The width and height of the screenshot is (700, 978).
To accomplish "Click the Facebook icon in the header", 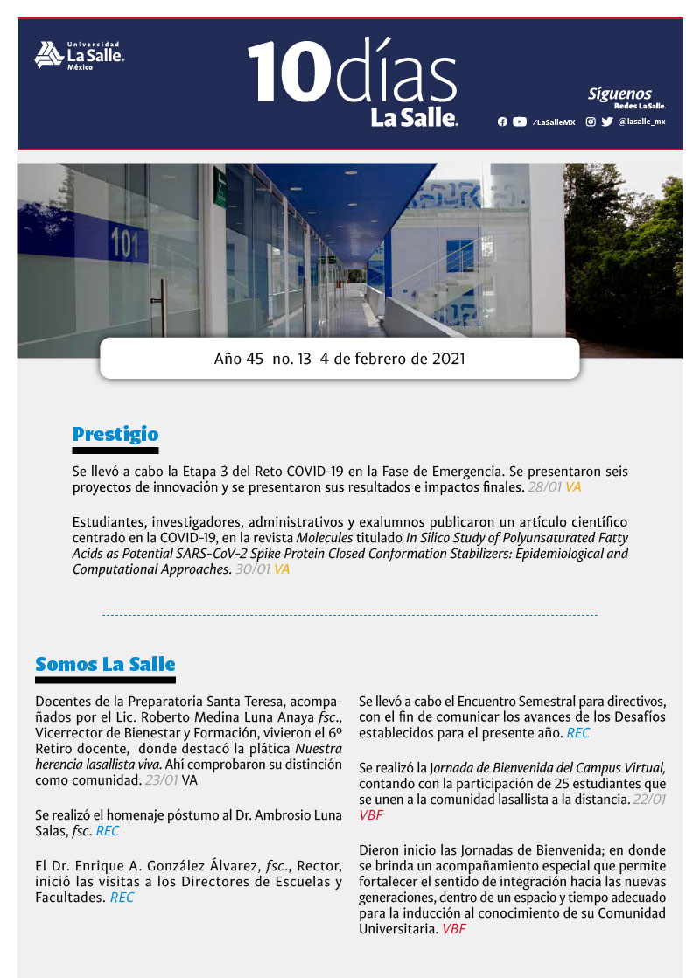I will coord(502,122).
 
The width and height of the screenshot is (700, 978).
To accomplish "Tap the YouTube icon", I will coord(520,122).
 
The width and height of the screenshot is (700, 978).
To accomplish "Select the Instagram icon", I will coord(591,122).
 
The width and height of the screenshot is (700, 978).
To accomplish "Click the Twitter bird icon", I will coord(607,122).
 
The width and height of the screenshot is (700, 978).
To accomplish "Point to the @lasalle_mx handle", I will coord(641,122).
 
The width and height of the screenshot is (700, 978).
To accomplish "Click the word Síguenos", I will coord(619,94).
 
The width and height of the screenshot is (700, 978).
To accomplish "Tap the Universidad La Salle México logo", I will coord(79,55).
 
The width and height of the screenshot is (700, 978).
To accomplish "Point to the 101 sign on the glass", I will coord(124,244).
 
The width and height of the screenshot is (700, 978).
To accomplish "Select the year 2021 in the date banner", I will coord(446,359).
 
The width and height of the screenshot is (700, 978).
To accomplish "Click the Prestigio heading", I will coord(115,434).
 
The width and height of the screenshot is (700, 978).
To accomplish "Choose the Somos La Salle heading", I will coord(105,664).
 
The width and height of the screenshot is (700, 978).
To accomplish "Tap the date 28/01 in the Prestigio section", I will coord(544,487).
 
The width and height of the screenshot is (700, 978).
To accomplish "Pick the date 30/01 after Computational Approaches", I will coord(253,569).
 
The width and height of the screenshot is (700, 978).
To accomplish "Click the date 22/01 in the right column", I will coord(648,800).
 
